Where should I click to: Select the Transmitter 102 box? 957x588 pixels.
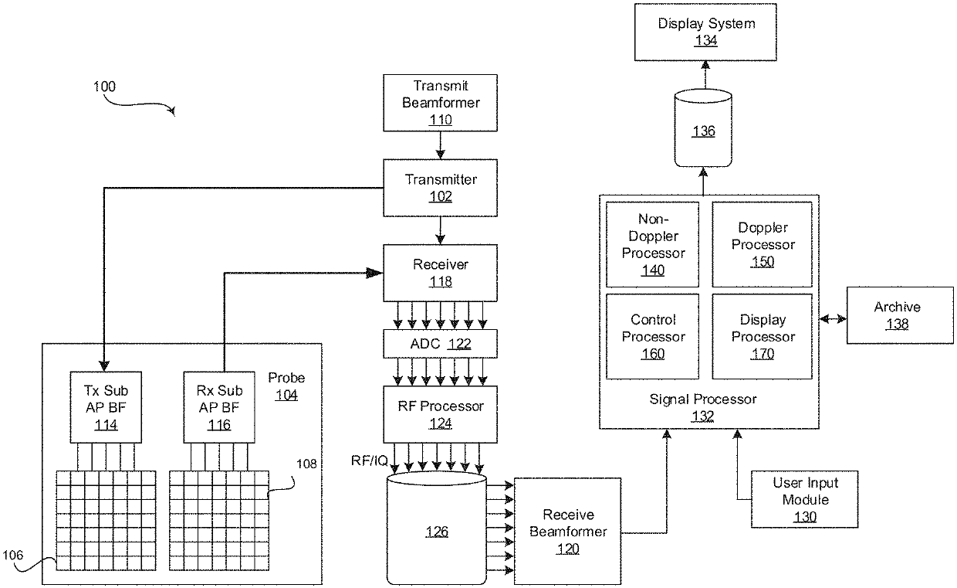coord(441,188)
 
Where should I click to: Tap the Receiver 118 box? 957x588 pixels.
coord(441,273)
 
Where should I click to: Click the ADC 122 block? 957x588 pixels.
coord(441,344)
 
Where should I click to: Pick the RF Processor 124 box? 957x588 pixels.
coord(441,414)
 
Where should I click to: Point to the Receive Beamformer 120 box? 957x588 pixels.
coord(567,531)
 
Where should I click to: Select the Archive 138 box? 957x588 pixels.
coord(897,315)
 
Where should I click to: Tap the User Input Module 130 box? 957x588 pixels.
coord(805,499)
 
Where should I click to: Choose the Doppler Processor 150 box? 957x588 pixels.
coord(762,244)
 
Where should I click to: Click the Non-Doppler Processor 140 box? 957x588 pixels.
coord(653,244)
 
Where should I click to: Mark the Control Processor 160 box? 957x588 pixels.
coord(653,336)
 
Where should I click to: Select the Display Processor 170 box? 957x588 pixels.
coord(762,336)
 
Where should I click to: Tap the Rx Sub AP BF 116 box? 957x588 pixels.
coord(219,406)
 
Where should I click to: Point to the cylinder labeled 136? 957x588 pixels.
coord(703,130)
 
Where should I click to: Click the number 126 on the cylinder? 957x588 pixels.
coord(437,532)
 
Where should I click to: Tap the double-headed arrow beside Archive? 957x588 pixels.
coord(833,318)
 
